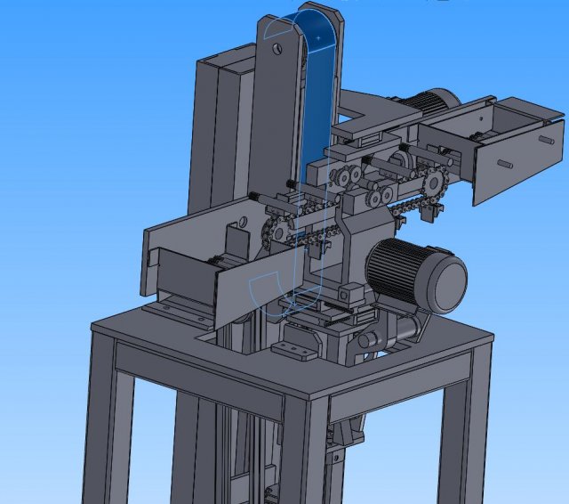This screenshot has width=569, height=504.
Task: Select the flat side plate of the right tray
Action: click(x=516, y=160)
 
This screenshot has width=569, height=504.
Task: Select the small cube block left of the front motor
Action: click(x=354, y=290)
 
